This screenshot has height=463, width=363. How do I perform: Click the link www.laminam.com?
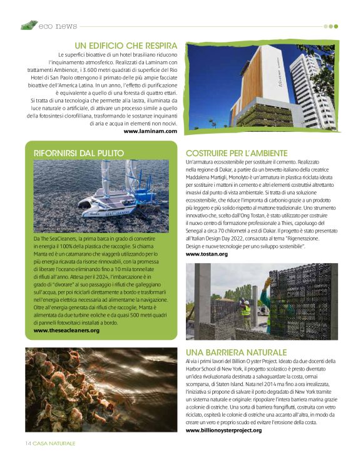(x=150, y=131)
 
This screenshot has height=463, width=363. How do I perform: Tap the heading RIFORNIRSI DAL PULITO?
(x=78, y=152)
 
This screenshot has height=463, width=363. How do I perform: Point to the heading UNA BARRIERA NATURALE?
(x=236, y=352)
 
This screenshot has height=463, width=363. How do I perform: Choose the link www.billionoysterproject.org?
(x=223, y=430)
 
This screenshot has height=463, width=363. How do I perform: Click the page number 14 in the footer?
(x=28, y=443)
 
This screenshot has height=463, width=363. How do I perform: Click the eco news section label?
(x=58, y=26)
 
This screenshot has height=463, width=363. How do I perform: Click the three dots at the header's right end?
(x=330, y=26)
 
